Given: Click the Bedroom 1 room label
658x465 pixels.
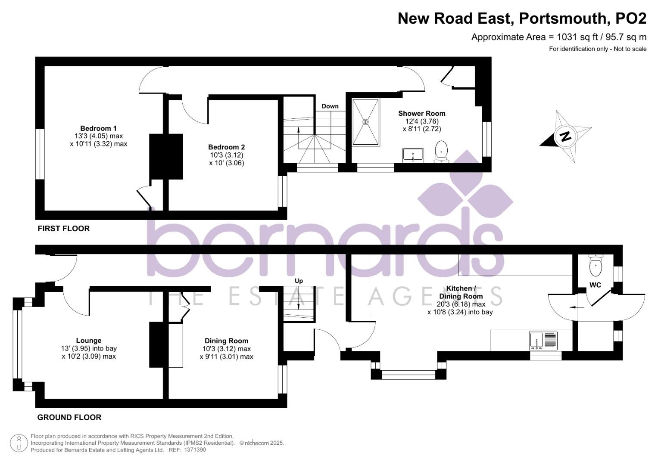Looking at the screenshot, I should click(x=98, y=128).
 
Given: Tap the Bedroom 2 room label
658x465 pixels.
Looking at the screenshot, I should click(x=226, y=147).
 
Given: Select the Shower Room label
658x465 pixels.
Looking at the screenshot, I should click(x=421, y=113).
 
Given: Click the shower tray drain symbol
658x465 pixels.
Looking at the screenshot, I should click(x=366, y=122).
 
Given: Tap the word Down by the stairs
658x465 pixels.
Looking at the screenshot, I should click(x=330, y=106).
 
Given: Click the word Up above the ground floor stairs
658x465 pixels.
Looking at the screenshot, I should click(x=299, y=281).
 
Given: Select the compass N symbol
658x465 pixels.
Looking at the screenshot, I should click(x=565, y=136).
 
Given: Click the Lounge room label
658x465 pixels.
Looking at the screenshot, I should click(x=89, y=341).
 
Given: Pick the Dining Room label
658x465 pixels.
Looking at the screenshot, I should click(x=226, y=341).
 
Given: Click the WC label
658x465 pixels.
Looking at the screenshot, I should click(x=595, y=285).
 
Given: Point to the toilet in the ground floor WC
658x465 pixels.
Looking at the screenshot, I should click(x=596, y=266).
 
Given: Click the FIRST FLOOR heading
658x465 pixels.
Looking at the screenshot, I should click(x=64, y=229).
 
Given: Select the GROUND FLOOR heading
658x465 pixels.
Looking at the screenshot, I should click(x=69, y=417).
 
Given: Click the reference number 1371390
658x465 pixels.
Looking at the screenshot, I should click(x=195, y=450).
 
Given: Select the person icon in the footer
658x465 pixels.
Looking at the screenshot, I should click(x=18, y=443).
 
